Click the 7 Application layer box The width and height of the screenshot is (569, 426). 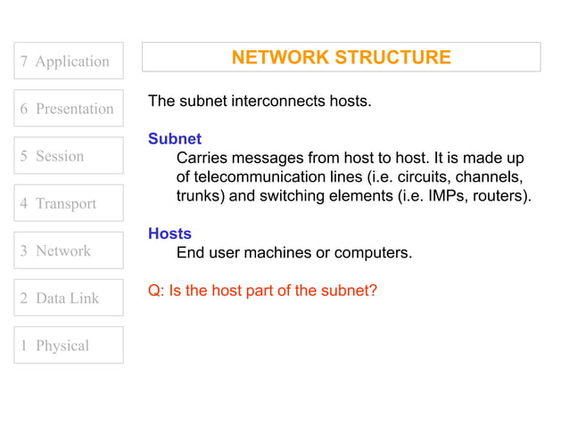[69, 61]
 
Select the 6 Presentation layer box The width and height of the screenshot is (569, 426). [69, 108]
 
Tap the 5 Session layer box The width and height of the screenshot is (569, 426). [69, 156]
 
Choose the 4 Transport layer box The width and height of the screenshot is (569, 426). [69, 203]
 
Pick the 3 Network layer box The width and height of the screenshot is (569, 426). [69, 250]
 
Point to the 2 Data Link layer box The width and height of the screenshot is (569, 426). [69, 298]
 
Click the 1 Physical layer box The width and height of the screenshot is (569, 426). [69, 345]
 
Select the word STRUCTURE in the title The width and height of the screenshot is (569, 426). [392, 58]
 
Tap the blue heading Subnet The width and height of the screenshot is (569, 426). [175, 139]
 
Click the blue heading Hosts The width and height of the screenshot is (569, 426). [170, 233]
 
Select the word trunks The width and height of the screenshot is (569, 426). [199, 195]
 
